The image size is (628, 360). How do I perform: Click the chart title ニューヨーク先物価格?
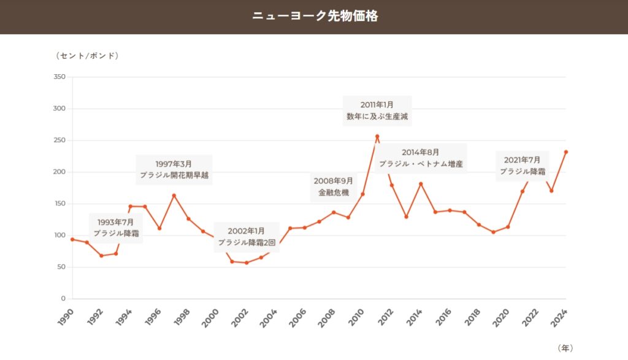pos(314,16)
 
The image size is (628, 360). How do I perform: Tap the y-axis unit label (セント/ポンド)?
pos(87,55)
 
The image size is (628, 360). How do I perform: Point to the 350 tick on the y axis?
pos(59,77)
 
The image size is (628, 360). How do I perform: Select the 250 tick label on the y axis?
pos(59,140)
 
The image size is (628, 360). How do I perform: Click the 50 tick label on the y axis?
pos(61,267)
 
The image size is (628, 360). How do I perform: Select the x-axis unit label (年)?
pos(565,348)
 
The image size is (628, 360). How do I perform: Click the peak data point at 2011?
pos(377,136)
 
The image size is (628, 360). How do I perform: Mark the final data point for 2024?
pos(566,151)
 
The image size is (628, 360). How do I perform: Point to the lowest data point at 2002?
pos(247,262)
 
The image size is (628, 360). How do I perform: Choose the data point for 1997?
pos(174,196)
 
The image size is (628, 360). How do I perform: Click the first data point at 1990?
pos(72,239)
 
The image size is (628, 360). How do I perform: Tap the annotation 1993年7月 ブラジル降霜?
pos(116,228)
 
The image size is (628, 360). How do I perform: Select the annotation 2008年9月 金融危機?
pos(333,186)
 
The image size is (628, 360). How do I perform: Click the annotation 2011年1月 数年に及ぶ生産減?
pos(377,110)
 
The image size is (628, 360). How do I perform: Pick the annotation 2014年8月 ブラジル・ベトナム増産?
pos(420,158)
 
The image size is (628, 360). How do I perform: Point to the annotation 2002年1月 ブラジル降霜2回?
pos(246,237)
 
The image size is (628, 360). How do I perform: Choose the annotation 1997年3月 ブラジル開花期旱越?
pos(174,169)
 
